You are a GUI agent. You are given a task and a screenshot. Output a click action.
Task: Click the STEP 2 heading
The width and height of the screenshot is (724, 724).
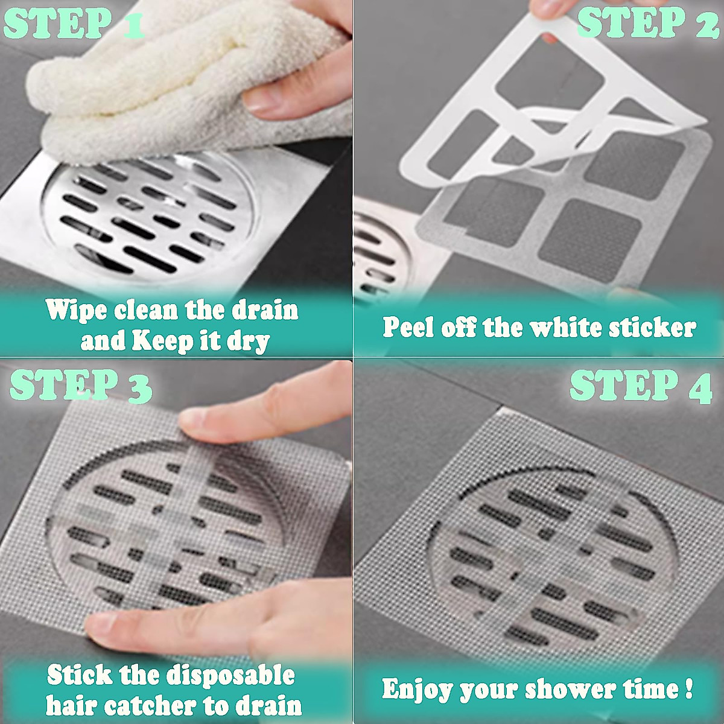648,25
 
